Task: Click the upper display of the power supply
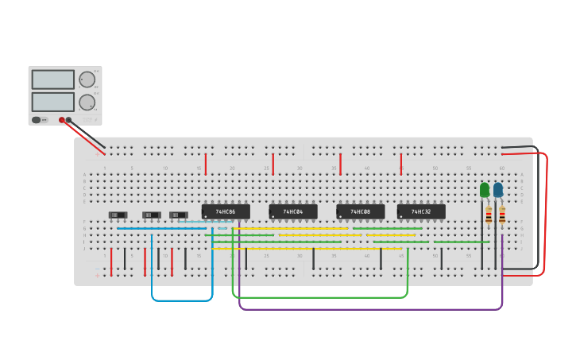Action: coord(52,79)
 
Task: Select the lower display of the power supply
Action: coord(52,102)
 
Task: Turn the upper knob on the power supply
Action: coord(87,79)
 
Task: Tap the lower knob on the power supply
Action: coord(87,102)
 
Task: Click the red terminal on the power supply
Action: coord(62,120)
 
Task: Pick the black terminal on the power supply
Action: coord(69,120)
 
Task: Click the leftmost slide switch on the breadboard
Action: coord(118,215)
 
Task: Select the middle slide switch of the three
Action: coord(151,215)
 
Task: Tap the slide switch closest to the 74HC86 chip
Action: coord(179,215)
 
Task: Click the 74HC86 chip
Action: coord(226,211)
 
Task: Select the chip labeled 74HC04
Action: coord(293,211)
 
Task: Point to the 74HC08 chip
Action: coord(361,211)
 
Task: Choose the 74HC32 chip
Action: coord(421,211)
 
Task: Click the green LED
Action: coord(485,190)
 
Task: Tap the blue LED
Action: coord(498,190)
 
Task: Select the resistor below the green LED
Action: coord(489,215)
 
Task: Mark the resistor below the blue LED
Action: coord(502,215)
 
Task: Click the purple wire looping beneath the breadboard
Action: coord(365,309)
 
